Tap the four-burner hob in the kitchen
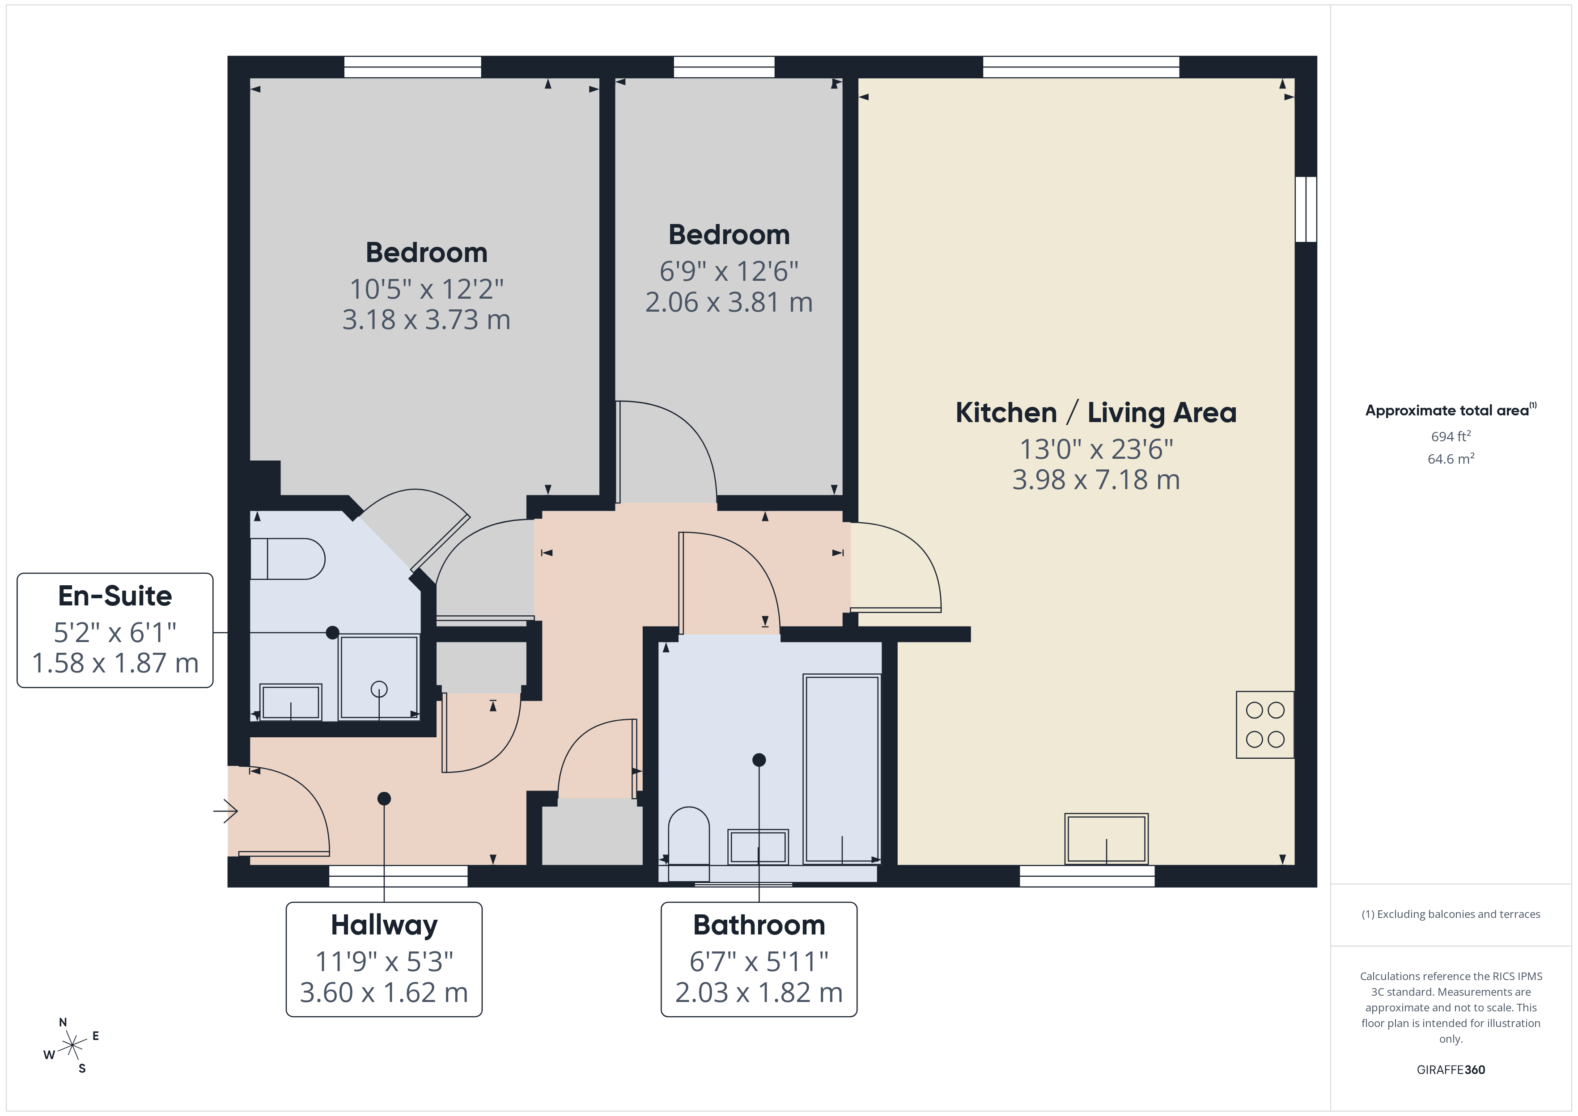[x=1264, y=725]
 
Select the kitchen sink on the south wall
[x=1106, y=839]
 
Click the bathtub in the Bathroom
[x=841, y=768]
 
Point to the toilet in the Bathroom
[x=688, y=835]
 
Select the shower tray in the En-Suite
[x=379, y=677]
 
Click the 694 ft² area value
[x=1450, y=436]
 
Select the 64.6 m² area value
[x=1450, y=459]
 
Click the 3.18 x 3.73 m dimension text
[x=426, y=320]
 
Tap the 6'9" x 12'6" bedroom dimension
[x=729, y=271]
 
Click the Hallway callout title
[x=383, y=925]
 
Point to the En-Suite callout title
[x=115, y=596]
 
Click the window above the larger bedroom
[x=412, y=67]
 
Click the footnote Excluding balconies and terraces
[x=1450, y=914]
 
